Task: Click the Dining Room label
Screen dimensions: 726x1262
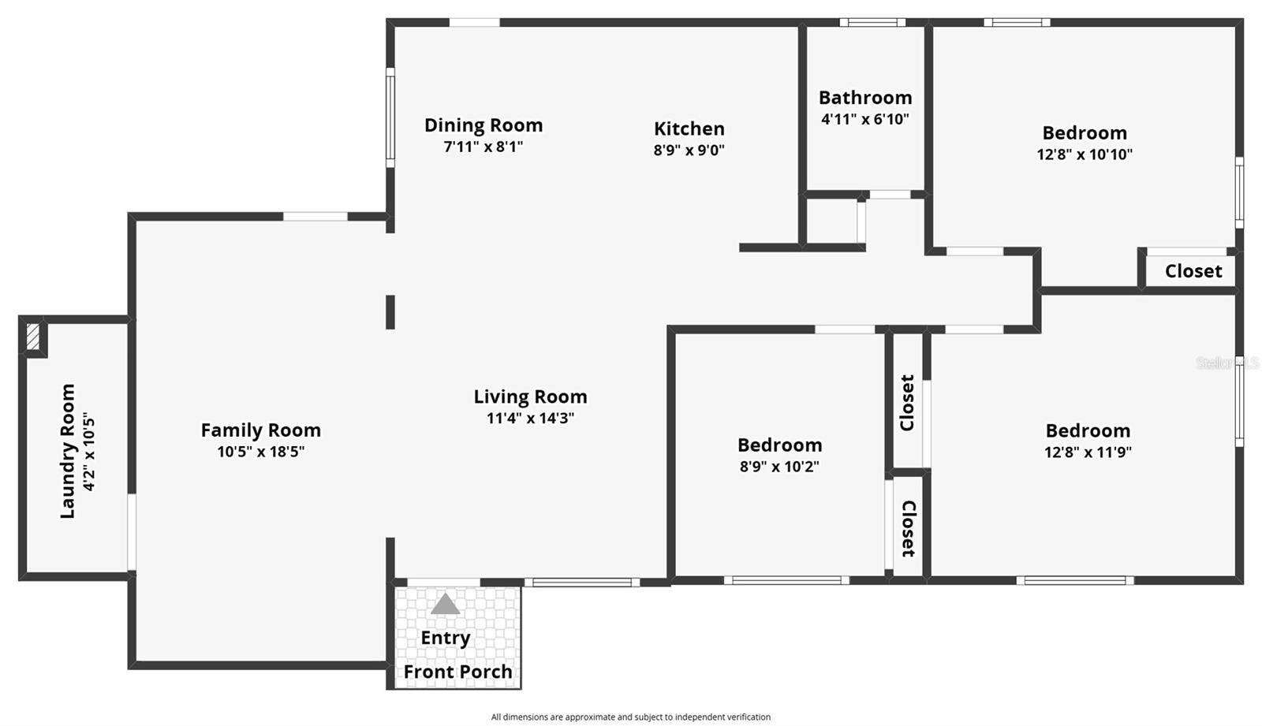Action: [483, 125]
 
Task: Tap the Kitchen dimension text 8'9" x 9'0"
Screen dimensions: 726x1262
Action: [689, 150]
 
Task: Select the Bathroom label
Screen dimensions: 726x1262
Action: [864, 98]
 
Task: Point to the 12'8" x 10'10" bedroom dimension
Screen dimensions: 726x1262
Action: [1084, 155]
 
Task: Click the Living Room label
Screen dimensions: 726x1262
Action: [530, 397]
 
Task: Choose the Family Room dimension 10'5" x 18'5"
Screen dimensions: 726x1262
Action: [260, 452]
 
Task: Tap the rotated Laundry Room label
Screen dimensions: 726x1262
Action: [68, 451]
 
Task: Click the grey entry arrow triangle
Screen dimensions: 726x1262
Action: [445, 605]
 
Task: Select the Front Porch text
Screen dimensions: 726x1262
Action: [457, 672]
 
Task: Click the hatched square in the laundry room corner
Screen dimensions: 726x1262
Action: [32, 337]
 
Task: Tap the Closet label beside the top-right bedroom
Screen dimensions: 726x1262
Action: [1193, 271]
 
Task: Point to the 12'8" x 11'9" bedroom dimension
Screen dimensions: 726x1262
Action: [1088, 452]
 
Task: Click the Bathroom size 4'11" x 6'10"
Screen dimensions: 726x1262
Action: [864, 119]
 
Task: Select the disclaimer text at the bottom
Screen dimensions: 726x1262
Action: [630, 717]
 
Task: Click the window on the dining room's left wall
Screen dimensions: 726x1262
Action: [390, 117]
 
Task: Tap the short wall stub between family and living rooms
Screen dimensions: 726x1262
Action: [390, 311]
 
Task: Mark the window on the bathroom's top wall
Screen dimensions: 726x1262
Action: [872, 22]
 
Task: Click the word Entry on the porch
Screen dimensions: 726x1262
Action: [445, 638]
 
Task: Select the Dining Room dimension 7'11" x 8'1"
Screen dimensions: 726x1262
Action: [483, 147]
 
